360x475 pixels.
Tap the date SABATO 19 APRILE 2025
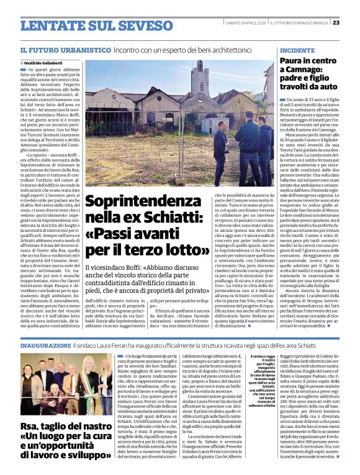[x=245, y=22]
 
